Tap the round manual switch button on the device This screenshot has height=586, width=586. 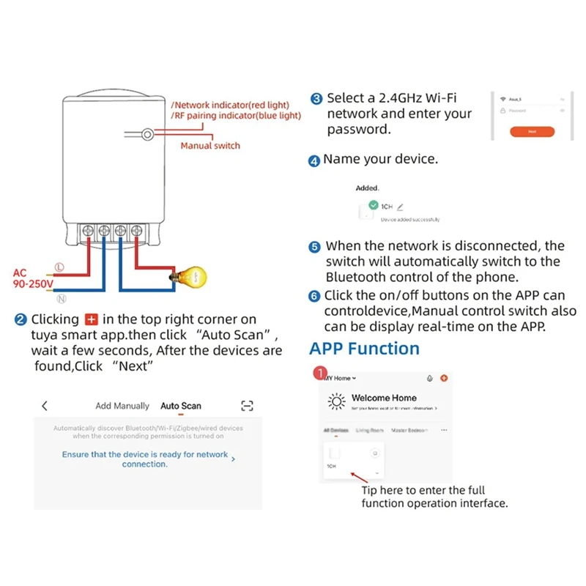coord(148,135)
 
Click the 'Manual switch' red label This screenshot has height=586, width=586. coord(210,146)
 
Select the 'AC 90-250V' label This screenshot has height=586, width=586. coord(30,278)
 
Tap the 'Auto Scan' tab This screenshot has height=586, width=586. coord(181,406)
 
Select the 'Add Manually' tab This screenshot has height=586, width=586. coord(122,406)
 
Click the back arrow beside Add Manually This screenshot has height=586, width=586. coord(45,406)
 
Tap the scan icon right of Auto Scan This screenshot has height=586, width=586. coord(247,406)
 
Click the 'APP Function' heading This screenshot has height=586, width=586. coord(364,349)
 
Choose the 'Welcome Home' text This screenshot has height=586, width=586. coord(384,398)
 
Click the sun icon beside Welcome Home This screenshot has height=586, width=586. coord(337,401)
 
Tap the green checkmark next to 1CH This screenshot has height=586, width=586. coord(374,206)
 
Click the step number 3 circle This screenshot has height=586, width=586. coord(316,99)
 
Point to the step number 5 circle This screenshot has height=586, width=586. coord(315,248)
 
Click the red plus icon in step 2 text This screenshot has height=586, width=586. coord(92,319)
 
